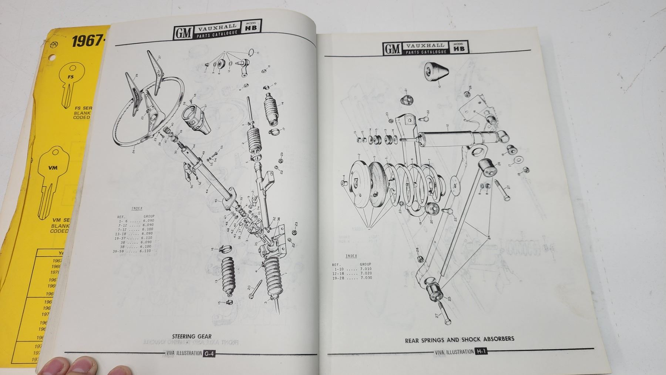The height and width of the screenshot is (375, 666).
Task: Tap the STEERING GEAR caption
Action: point(192,337)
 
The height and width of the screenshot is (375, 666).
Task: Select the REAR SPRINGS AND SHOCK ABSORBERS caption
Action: point(459,339)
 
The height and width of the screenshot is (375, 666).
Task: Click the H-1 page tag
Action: point(482,351)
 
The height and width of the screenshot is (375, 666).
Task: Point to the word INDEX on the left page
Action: point(137,208)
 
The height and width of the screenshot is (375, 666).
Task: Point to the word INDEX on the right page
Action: point(351,256)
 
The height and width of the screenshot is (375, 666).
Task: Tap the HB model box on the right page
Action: point(458,47)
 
